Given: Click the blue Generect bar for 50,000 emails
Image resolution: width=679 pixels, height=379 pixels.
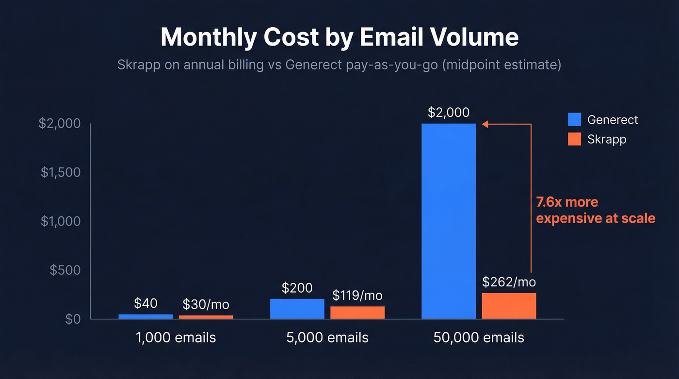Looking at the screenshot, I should pyautogui.click(x=449, y=221).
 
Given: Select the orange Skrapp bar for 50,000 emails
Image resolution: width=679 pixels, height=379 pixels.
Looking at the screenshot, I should pyautogui.click(x=509, y=306).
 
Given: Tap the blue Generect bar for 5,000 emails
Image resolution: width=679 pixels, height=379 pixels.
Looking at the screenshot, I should pyautogui.click(x=297, y=309).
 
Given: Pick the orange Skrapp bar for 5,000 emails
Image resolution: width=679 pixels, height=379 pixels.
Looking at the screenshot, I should pyautogui.click(x=357, y=313).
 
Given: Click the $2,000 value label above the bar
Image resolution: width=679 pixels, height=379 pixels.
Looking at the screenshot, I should pyautogui.click(x=449, y=113).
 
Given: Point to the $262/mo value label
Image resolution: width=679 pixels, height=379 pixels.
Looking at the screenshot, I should pyautogui.click(x=509, y=282).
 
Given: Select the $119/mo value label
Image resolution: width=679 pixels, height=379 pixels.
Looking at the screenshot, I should pyautogui.click(x=357, y=295).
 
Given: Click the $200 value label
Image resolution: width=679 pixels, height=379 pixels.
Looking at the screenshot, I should pyautogui.click(x=297, y=288).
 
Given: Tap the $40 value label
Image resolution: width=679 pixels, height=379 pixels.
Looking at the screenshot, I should pyautogui.click(x=145, y=303).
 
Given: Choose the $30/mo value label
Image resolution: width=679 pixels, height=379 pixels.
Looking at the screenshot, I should pyautogui.click(x=206, y=305).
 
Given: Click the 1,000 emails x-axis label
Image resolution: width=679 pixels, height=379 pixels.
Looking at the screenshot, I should pyautogui.click(x=176, y=337).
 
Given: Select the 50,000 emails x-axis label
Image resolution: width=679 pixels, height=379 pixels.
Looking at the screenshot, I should pyautogui.click(x=479, y=337).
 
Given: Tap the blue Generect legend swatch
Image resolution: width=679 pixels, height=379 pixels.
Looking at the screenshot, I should pyautogui.click(x=574, y=119).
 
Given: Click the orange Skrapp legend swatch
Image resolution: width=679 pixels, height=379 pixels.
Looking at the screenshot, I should pyautogui.click(x=574, y=139).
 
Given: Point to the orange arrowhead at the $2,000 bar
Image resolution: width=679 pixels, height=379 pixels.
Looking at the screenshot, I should pyautogui.click(x=485, y=124).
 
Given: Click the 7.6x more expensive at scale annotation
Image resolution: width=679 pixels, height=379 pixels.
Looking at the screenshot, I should pyautogui.click(x=595, y=210).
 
